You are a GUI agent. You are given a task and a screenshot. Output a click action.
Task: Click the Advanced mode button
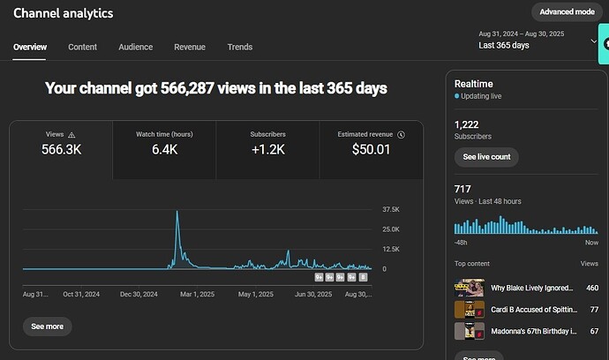567,11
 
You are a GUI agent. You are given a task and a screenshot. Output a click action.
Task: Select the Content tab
82,47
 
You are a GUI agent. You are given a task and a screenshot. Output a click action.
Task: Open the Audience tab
135,47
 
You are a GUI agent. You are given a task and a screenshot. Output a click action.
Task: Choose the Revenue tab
190,47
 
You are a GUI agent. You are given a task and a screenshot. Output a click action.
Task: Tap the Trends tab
239,47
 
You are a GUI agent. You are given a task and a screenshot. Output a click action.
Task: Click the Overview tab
30,47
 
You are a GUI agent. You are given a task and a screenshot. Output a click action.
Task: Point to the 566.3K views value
61,150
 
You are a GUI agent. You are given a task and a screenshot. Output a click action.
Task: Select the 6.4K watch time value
164,150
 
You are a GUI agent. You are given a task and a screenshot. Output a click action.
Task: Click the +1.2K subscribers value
267,150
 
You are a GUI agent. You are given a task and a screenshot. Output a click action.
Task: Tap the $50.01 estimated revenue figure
371,150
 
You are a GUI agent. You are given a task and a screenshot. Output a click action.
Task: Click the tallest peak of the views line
177,212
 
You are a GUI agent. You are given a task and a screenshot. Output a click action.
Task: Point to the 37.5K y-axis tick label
392,210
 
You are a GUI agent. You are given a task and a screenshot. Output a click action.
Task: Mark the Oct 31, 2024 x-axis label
82,294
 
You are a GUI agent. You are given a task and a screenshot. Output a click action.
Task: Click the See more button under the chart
48,326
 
